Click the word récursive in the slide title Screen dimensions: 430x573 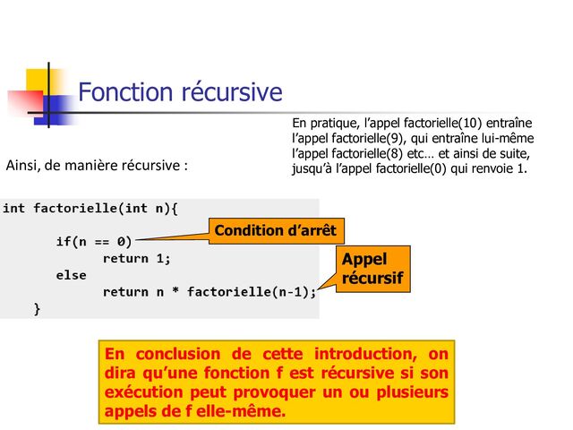230,93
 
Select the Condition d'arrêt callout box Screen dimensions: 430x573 275,231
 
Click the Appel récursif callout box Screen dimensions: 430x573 373,270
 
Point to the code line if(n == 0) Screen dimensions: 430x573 93,241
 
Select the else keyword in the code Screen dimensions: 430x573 71,275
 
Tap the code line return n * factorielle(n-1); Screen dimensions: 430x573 210,292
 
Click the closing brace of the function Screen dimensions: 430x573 37,309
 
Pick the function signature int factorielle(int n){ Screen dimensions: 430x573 90,209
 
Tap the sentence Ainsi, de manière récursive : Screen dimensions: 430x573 97,166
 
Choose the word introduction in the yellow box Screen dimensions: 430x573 358,353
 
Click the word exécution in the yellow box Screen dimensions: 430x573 150,392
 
